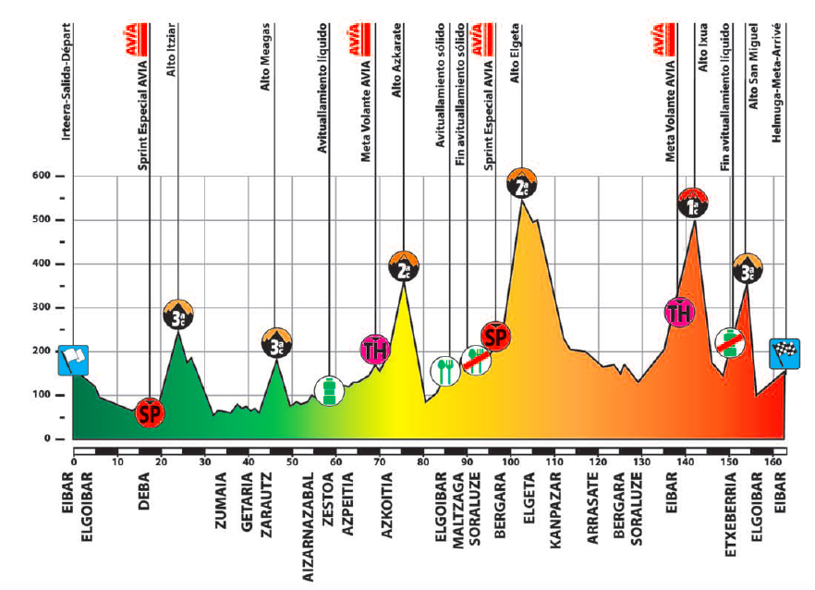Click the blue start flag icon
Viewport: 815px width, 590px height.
(73, 359)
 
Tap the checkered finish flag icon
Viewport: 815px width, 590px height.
(785, 352)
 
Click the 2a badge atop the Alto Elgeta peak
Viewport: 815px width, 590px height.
(521, 185)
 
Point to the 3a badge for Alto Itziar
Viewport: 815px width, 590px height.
(178, 315)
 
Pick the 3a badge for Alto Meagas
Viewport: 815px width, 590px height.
(275, 342)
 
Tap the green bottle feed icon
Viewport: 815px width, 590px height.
(329, 390)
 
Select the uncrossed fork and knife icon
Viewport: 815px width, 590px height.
(445, 371)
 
